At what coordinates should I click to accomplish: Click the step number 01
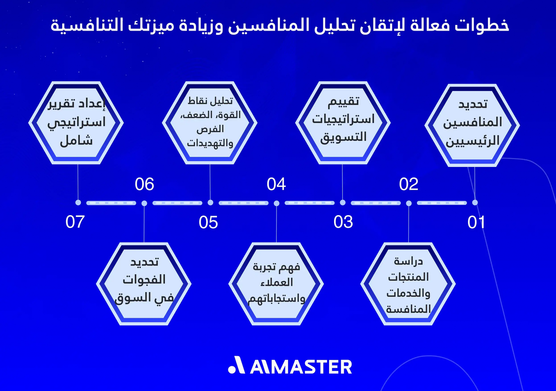click(x=476, y=222)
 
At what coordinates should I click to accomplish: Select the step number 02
click(x=409, y=184)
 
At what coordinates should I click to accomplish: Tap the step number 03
click(x=343, y=222)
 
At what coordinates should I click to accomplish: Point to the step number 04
click(x=276, y=184)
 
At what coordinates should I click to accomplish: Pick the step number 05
click(x=208, y=222)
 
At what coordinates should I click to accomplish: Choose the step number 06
click(x=144, y=184)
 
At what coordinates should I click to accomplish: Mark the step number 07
click(x=76, y=222)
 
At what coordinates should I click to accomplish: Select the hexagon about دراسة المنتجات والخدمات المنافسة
click(x=408, y=284)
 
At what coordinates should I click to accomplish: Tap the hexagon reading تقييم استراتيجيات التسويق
click(x=343, y=122)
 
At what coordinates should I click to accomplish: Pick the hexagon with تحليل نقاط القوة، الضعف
click(x=210, y=122)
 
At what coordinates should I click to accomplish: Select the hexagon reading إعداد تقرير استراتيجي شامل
click(x=77, y=122)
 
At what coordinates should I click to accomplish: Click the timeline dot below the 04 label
click(x=276, y=203)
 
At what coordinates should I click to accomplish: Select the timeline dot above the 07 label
click(x=78, y=203)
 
